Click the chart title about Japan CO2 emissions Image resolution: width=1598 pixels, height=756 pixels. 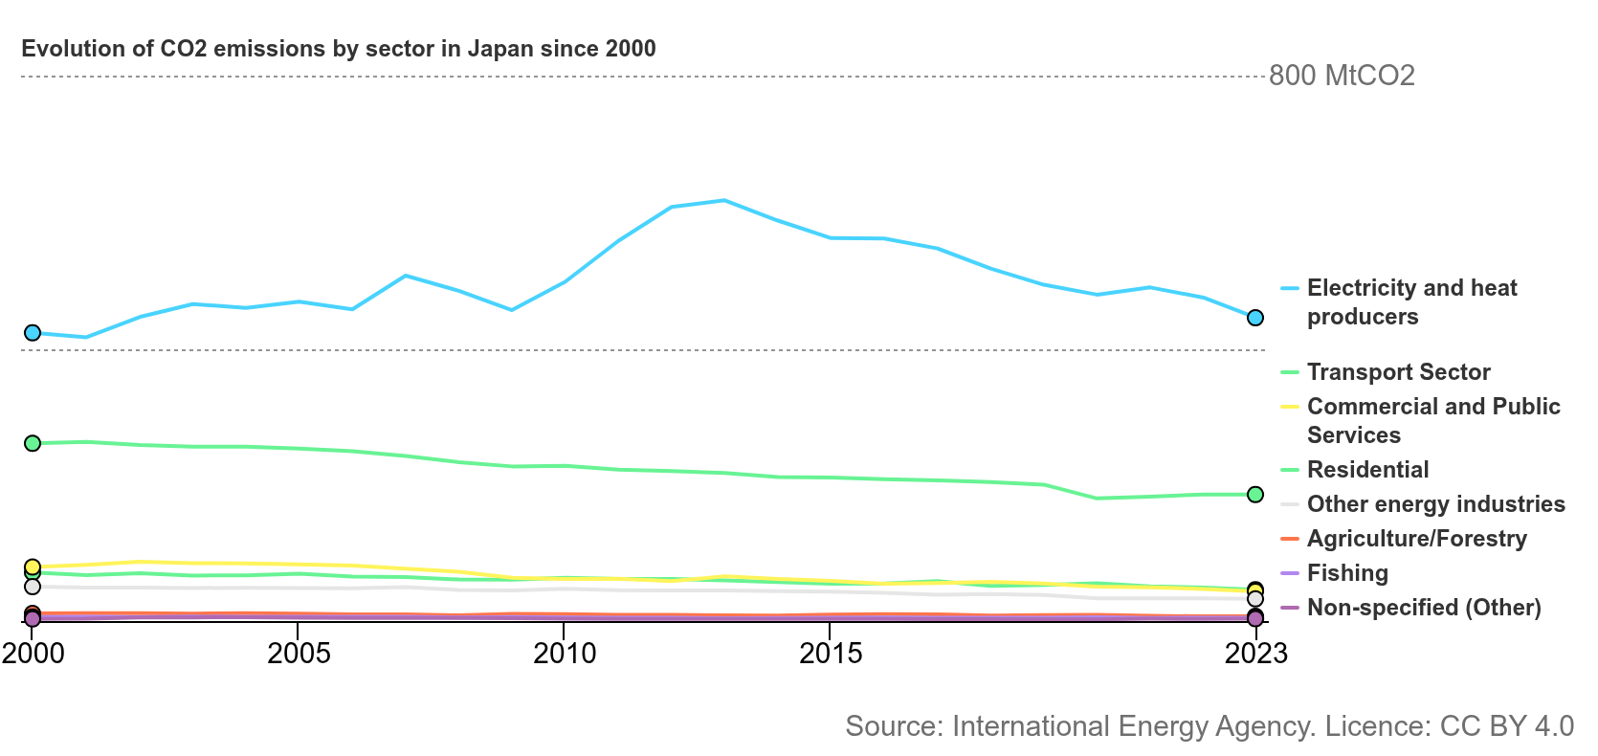point(338,49)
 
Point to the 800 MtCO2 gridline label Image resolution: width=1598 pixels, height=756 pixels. point(1342,76)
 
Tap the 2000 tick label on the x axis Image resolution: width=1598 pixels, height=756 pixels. point(33,654)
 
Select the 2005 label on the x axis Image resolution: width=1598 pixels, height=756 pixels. point(299,654)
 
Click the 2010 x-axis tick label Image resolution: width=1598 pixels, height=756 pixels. point(565,654)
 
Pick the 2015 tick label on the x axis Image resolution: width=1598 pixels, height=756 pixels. point(831,654)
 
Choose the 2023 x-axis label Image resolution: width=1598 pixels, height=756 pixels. point(1256,654)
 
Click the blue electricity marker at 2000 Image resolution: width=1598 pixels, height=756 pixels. point(33,333)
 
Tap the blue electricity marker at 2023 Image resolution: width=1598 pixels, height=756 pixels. point(1254,318)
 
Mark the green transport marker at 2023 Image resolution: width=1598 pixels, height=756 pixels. point(1254,494)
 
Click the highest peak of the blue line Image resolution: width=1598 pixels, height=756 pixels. point(724,200)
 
